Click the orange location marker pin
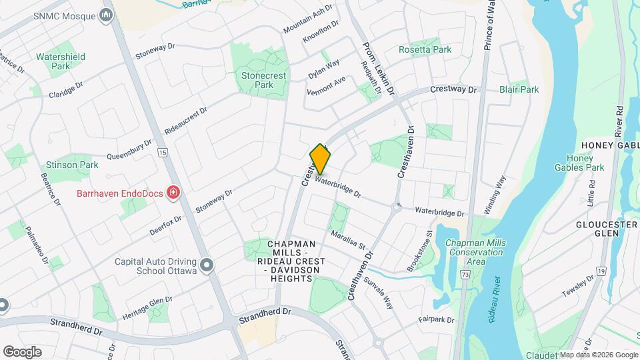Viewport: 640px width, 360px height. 321,159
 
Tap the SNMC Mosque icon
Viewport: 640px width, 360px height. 106,15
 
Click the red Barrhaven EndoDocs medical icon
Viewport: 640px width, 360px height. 174,193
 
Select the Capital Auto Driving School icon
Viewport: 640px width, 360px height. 207,266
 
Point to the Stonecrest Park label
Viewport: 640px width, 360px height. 264,80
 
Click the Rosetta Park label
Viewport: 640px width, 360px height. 425,49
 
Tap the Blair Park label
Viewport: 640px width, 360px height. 519,89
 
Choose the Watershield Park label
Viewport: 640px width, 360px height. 61,61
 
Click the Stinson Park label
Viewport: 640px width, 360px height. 72,164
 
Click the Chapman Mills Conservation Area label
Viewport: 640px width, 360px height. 475,252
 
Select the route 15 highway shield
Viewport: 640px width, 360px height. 162,153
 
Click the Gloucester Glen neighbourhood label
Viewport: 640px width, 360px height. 607,230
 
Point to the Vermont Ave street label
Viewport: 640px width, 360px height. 326,85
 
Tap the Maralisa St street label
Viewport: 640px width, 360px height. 349,240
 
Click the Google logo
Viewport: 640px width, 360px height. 22,352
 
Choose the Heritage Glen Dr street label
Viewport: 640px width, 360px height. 149,305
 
